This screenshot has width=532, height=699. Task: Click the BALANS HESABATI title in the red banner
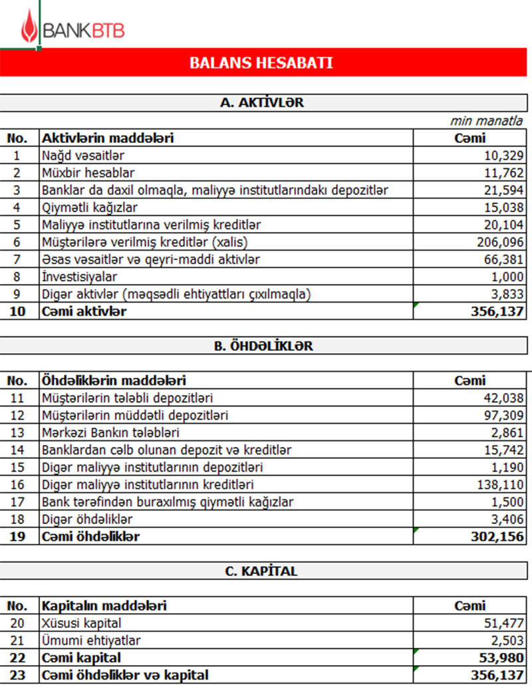[261, 63]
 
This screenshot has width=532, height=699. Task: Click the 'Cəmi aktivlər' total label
[84, 311]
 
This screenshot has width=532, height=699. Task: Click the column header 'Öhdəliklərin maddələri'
[114, 381]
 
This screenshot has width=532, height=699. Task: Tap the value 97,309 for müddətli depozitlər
[503, 416]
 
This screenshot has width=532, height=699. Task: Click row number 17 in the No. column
[17, 502]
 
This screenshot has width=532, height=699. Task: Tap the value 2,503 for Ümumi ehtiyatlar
[509, 640]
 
